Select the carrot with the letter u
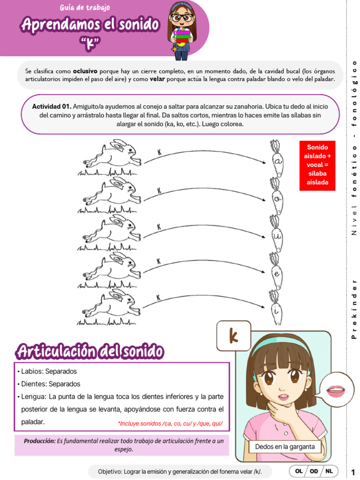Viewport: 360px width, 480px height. [x=277, y=234]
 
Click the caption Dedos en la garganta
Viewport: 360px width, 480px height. [x=285, y=447]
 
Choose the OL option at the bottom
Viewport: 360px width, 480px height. [x=299, y=471]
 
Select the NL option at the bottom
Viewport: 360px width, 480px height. [x=329, y=471]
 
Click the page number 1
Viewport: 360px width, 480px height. [x=353, y=471]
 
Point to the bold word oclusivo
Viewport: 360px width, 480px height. [x=85, y=71]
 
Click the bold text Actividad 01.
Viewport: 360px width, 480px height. [x=52, y=106]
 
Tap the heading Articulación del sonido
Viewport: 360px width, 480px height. [x=90, y=351]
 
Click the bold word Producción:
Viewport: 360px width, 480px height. [x=39, y=441]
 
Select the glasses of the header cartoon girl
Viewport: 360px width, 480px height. [x=182, y=18]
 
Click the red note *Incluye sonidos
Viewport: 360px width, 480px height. [x=170, y=423]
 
